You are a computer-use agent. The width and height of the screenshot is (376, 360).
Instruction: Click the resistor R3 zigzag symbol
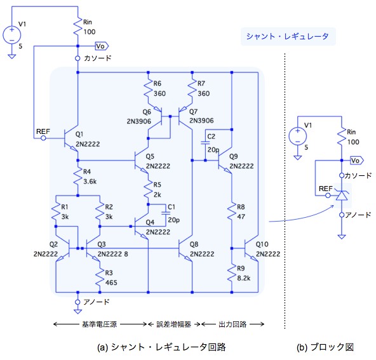click(100, 278)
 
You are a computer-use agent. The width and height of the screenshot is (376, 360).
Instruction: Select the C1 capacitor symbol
click(166, 213)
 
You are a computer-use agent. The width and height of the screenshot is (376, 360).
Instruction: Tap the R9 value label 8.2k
click(244, 278)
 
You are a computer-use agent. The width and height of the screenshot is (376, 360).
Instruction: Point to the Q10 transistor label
click(262, 244)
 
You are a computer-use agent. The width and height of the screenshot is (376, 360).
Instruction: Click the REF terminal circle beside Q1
click(43, 138)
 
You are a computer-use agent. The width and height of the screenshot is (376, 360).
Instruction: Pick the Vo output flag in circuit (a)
click(102, 46)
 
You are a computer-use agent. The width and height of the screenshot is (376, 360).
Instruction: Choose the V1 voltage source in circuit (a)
click(11, 35)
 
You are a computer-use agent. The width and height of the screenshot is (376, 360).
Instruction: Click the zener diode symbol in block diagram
click(342, 194)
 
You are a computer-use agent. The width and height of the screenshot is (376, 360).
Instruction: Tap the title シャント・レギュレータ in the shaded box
click(288, 36)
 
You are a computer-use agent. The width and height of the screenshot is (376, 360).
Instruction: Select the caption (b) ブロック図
click(325, 347)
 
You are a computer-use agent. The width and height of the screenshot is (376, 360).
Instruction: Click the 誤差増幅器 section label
click(173, 324)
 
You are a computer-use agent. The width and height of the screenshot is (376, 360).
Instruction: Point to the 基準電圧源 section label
click(99, 324)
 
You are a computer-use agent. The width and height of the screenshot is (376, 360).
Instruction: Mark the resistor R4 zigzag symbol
click(77, 177)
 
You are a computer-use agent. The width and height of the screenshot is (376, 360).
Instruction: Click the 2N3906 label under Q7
click(201, 121)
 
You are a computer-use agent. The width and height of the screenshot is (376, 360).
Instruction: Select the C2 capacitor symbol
click(205, 143)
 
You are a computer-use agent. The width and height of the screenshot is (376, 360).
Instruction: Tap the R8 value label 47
click(241, 217)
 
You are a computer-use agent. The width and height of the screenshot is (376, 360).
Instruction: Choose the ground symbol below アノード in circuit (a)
click(77, 311)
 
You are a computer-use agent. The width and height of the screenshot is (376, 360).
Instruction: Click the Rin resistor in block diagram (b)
click(342, 137)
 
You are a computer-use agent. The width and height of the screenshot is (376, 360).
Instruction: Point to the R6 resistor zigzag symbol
click(148, 89)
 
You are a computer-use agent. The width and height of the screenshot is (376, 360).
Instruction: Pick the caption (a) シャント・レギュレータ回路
click(161, 347)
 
